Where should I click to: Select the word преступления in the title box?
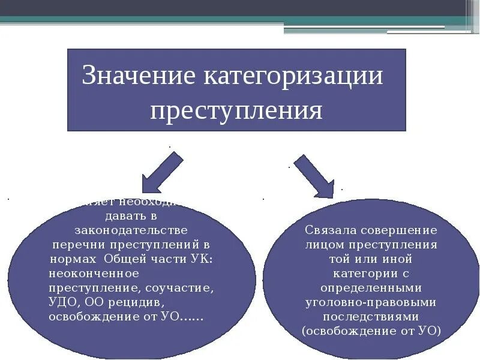point(236,111)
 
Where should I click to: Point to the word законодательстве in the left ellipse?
point(131,230)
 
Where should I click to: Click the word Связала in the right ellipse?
point(331,230)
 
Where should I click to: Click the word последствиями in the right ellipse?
point(370,317)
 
